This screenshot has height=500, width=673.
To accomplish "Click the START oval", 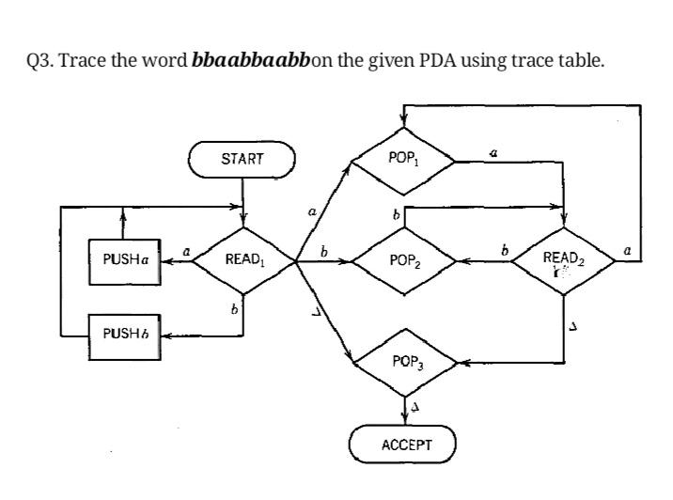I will [x=243, y=160].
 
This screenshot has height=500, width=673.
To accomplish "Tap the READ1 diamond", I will [x=243, y=260].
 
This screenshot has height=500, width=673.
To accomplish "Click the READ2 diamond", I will [x=564, y=260].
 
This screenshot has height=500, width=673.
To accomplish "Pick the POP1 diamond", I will [x=403, y=160].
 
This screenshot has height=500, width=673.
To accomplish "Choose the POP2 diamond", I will [x=403, y=260].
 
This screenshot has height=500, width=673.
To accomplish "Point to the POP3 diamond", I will [x=403, y=361].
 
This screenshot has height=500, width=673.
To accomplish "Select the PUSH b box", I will [x=124, y=334].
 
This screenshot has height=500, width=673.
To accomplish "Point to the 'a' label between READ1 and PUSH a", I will [x=186, y=251].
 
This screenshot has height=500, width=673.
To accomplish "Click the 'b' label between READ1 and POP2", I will [x=324, y=251].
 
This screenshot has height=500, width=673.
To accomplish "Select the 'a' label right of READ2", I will [x=628, y=250].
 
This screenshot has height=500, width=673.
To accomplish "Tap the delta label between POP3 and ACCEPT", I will [x=415, y=410].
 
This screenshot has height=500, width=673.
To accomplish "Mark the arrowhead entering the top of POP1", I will [x=403, y=122].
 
